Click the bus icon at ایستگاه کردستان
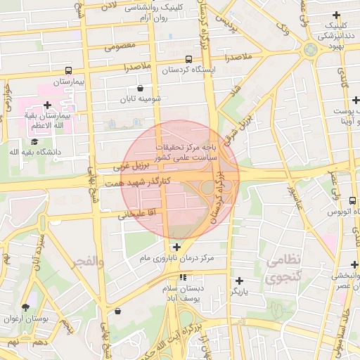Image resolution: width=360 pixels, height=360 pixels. [188, 60]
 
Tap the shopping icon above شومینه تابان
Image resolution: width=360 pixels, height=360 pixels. [141, 89]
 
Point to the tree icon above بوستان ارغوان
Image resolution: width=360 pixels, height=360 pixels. [26, 307]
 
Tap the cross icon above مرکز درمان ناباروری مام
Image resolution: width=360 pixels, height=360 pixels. [176, 247]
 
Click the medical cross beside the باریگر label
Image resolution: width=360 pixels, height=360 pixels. [239, 280]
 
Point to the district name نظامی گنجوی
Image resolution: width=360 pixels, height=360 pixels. [283, 269]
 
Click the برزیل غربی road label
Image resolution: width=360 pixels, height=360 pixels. [131, 168]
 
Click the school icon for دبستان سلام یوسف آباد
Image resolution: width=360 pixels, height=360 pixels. [183, 278]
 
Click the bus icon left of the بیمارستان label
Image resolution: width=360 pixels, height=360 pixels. [68, 70]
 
